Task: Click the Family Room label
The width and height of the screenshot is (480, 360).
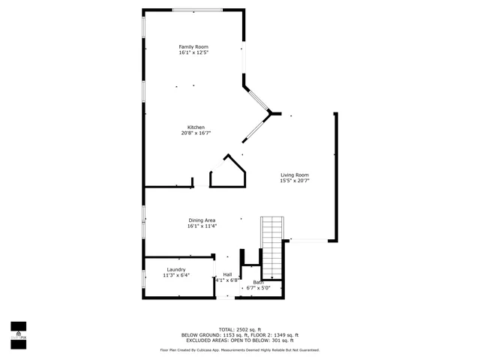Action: (193, 46)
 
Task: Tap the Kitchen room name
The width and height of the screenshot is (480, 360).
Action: (196, 127)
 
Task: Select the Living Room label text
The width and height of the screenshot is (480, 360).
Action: (295, 175)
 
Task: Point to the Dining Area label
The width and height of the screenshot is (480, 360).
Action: (202, 220)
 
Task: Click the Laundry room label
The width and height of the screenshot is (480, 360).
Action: (176, 269)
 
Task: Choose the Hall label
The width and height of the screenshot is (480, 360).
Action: (227, 274)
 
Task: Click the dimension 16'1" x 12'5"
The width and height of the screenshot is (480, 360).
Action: (193, 52)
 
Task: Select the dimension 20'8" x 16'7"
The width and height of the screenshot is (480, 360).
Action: (196, 133)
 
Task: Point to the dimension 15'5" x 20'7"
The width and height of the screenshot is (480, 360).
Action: (295, 181)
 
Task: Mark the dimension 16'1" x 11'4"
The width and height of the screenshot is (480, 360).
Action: (202, 226)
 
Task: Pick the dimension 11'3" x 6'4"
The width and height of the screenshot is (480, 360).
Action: (176, 275)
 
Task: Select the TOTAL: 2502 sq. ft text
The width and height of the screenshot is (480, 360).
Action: (239, 329)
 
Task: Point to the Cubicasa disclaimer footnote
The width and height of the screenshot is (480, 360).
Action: (239, 349)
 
